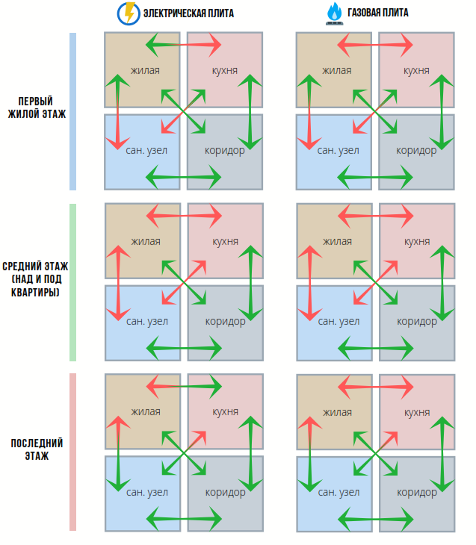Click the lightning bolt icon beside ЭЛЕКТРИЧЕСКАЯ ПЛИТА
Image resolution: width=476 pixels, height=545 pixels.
click(x=128, y=13)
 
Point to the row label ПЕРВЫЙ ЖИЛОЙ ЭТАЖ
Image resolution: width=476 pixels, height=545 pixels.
click(x=37, y=108)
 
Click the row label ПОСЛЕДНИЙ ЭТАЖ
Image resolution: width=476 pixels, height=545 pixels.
click(x=37, y=449)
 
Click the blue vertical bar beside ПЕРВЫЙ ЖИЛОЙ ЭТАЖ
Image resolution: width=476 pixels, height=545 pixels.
click(x=72, y=111)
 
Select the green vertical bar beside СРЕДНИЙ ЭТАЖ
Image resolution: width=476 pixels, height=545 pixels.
click(x=72, y=282)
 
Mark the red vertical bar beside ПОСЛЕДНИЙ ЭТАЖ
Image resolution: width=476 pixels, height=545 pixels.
click(x=72, y=452)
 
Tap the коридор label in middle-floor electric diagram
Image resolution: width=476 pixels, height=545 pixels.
click(x=225, y=321)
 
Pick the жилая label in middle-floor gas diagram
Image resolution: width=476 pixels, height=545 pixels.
click(x=337, y=241)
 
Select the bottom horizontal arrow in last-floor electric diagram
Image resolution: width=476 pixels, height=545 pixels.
click(x=184, y=517)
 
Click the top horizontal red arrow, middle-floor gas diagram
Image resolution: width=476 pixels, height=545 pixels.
click(x=376, y=217)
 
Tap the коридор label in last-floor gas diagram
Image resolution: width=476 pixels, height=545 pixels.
click(x=416, y=492)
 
